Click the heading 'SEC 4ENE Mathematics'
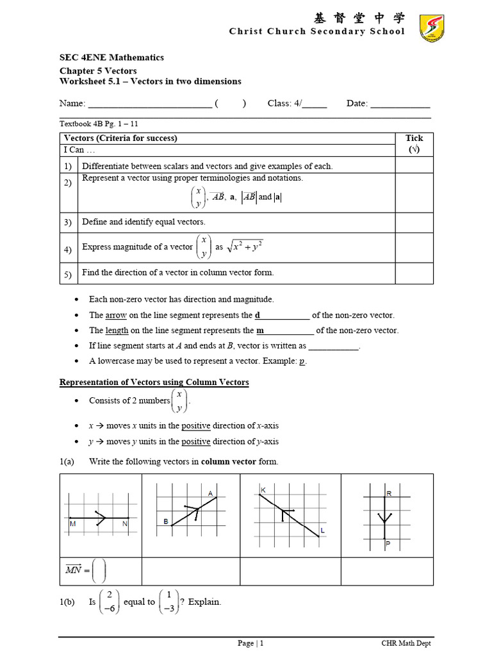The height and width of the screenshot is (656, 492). coord(111,58)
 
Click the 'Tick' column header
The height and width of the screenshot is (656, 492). coord(414,138)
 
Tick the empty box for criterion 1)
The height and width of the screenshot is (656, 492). coord(414,166)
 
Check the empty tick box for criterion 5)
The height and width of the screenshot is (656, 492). coord(414,272)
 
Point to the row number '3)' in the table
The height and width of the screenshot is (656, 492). coord(67,222)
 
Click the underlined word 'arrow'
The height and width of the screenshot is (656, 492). coord(116,315)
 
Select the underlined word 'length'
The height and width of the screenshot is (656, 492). coord(117,331)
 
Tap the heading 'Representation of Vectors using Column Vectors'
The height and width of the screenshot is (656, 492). coord(154,382)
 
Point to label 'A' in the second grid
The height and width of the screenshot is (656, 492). coord(210,493)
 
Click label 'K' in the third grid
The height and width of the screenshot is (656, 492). coord(263,490)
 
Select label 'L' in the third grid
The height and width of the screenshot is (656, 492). coord(322,531)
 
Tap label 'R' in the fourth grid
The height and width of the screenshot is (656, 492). coord(388,494)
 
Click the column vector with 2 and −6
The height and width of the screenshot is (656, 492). coord(110,602)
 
